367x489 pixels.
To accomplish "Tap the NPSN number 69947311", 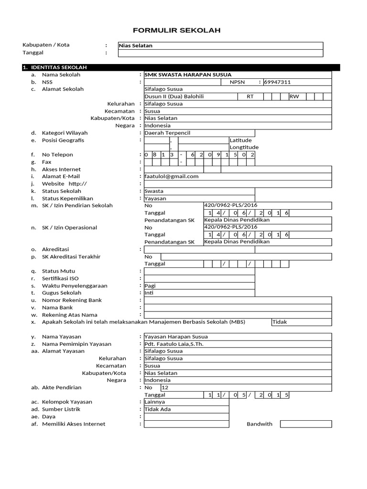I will (x=277, y=82).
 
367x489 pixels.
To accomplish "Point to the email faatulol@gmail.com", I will (x=171, y=176).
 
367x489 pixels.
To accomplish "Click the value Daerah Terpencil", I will (x=167, y=133).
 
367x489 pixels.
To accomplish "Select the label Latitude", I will (x=240, y=140).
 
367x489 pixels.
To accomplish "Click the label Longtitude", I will (x=244, y=148).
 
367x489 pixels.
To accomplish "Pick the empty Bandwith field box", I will (x=305, y=424).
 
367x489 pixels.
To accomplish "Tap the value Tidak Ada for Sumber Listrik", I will (x=157, y=409).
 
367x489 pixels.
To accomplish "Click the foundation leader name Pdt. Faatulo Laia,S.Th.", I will (x=172, y=344).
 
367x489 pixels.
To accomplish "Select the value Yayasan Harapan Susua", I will (x=176, y=337).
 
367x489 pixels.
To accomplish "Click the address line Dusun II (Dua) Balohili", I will (x=174, y=96).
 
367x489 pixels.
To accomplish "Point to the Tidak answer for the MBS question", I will (x=280, y=322).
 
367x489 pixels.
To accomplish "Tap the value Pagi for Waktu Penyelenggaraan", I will (x=150, y=286).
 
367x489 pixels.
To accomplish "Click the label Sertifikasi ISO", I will (x=60, y=278).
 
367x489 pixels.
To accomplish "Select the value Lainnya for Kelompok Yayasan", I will (x=154, y=402).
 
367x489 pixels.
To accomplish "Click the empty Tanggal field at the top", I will (x=220, y=53).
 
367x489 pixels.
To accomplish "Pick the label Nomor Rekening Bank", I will (x=72, y=300).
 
